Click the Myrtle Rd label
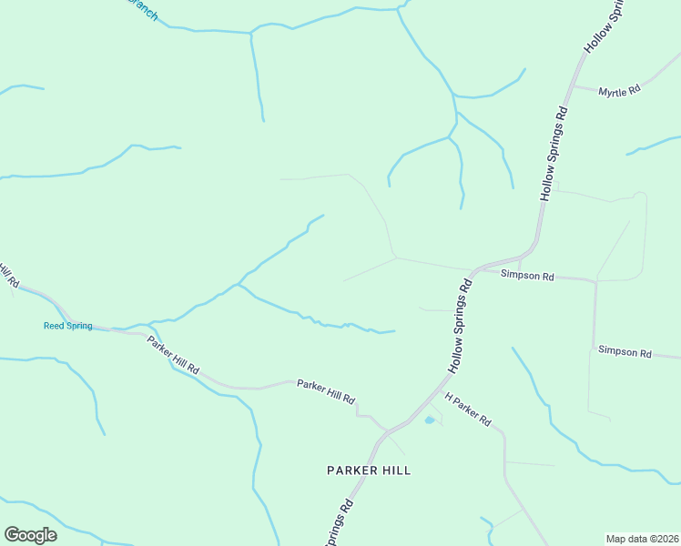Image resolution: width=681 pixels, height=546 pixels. click(x=620, y=90)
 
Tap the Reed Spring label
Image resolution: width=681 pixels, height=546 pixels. click(x=68, y=326)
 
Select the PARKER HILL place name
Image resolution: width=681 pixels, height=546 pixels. click(x=369, y=470)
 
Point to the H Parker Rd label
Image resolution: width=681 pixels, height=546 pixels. click(x=468, y=410)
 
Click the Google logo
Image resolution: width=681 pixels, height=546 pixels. click(x=31, y=535)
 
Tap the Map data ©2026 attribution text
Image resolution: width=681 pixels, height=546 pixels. click(x=642, y=539)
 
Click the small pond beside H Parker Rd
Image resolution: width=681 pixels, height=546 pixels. click(x=430, y=420)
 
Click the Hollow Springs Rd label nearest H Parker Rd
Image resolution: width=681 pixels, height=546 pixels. click(x=460, y=326)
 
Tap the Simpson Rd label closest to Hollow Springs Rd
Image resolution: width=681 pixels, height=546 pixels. click(x=527, y=275)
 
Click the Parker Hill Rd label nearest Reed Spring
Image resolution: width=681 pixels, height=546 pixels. click(x=173, y=358)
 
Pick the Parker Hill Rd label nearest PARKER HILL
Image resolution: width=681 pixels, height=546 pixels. click(x=325, y=391)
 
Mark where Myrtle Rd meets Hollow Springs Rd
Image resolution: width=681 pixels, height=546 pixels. click(x=571, y=87)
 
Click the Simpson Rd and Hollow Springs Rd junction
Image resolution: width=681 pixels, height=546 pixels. click(x=473, y=269)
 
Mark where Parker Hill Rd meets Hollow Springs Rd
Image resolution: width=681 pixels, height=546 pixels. click(x=386, y=429)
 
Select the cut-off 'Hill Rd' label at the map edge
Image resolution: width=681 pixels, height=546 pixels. click(x=8, y=275)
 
